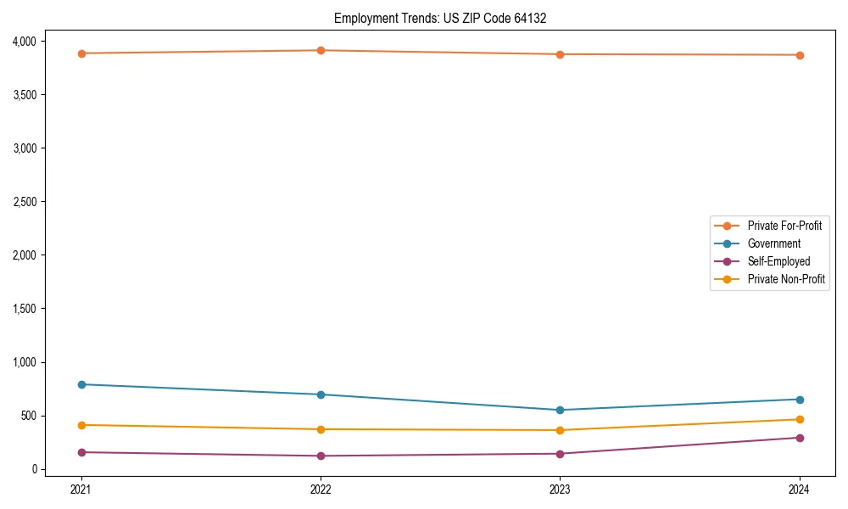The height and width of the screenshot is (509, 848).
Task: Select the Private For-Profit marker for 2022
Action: pyautogui.click(x=321, y=51)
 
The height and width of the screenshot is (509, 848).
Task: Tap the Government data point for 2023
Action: pyautogui.click(x=560, y=410)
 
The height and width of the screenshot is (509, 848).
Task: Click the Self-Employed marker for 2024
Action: pyautogui.click(x=799, y=438)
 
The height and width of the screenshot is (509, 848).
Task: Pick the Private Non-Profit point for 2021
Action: pyautogui.click(x=81, y=425)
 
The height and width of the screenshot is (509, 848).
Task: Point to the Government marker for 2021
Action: pyautogui.click(x=81, y=384)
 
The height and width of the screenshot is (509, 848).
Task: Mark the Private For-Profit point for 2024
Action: pyautogui.click(x=799, y=55)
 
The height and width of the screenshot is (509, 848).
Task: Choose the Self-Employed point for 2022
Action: pyautogui.click(x=321, y=456)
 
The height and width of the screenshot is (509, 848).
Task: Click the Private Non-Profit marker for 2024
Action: pyautogui.click(x=799, y=419)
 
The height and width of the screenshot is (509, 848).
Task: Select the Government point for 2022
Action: pyautogui.click(x=321, y=394)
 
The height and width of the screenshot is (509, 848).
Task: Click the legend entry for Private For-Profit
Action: pyautogui.click(x=784, y=226)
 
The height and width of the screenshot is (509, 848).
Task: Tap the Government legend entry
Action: pyautogui.click(x=773, y=243)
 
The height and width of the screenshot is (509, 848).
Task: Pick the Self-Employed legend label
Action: pyautogui.click(x=778, y=261)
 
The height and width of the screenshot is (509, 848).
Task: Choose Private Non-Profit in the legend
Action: pyautogui.click(x=786, y=279)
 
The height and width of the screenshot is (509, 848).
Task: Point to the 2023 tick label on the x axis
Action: pyautogui.click(x=560, y=489)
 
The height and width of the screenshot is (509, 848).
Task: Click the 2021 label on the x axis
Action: pyautogui.click(x=81, y=489)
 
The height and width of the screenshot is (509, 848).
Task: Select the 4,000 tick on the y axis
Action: pyautogui.click(x=24, y=41)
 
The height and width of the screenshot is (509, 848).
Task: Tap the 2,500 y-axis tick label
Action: pyautogui.click(x=24, y=202)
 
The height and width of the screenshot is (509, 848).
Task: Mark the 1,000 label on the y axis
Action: pyautogui.click(x=24, y=362)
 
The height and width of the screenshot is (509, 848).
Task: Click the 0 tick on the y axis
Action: pyautogui.click(x=34, y=469)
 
